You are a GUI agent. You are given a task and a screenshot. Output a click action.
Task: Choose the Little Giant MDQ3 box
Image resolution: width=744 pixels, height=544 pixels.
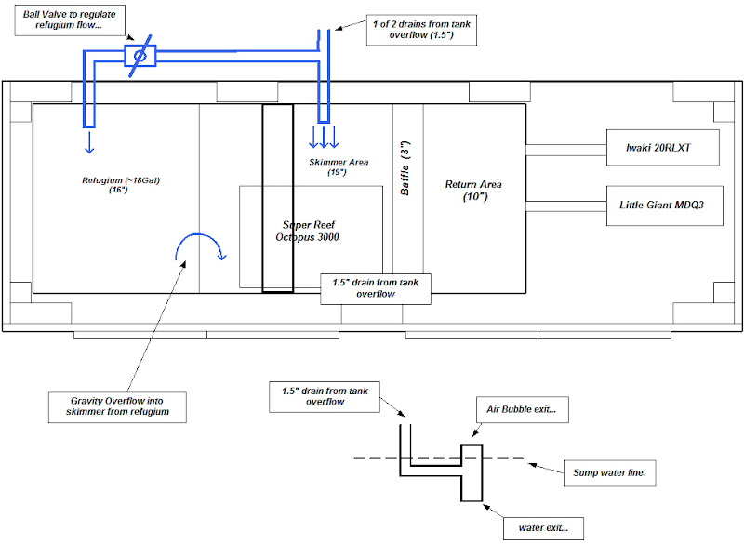pyautogui.click(x=660, y=204)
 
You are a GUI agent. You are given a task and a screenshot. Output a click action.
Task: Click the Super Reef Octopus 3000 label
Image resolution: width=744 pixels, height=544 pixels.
pyautogui.click(x=312, y=231)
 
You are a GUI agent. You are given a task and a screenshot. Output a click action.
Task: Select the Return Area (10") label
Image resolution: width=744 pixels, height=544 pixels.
pyautogui.click(x=473, y=190)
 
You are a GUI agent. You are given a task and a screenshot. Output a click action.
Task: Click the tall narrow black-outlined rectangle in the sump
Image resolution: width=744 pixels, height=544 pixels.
pyautogui.click(x=277, y=198)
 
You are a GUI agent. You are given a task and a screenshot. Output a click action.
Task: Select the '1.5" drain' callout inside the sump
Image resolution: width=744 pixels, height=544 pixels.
pyautogui.click(x=376, y=288)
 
